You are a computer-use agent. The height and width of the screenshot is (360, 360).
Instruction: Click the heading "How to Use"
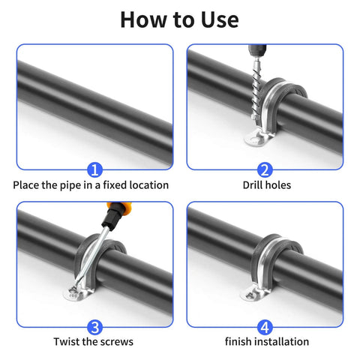pos(179,19)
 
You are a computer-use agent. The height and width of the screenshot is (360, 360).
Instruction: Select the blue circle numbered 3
pos(94,326)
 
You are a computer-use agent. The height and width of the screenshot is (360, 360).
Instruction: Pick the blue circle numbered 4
pos(266,326)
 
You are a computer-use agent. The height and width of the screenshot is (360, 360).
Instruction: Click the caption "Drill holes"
pos(266,184)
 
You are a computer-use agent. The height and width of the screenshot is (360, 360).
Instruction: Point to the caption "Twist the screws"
pos(94,342)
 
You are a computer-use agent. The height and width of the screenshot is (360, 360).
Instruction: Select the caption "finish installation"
pos(266,342)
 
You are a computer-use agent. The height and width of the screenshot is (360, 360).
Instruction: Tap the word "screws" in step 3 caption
pos(118,342)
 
